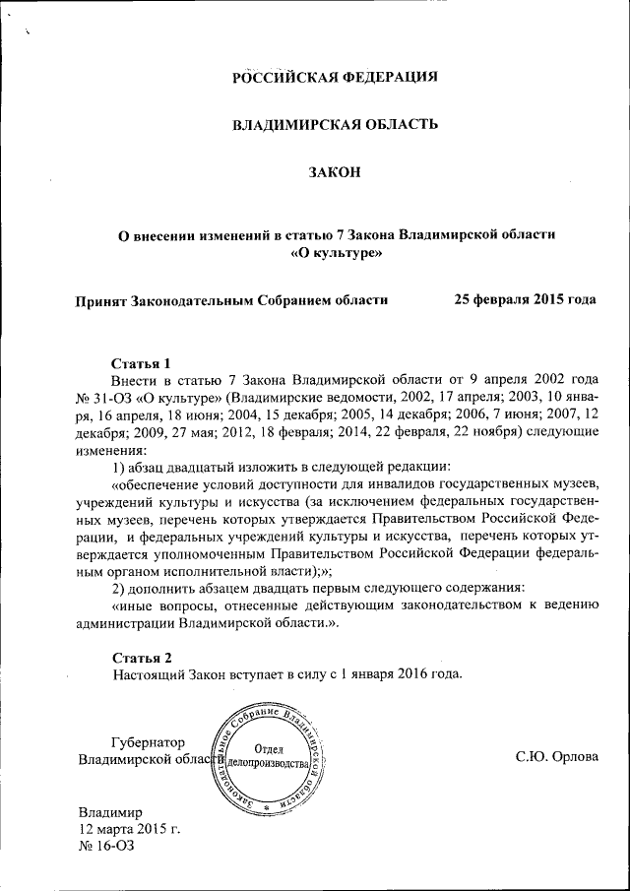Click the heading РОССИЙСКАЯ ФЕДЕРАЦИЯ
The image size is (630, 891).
[334, 77]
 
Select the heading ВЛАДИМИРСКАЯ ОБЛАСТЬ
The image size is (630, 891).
[334, 125]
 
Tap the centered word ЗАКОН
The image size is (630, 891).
[335, 172]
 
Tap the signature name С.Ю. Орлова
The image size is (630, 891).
[556, 758]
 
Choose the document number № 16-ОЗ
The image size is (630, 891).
[105, 847]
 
